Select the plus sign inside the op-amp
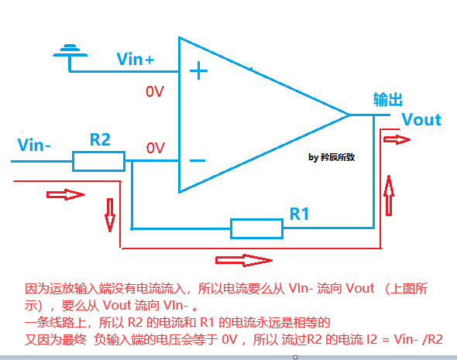[x=199, y=72]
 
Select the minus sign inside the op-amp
[x=198, y=161]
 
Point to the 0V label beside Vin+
[x=155, y=91]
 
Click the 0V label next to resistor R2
[x=155, y=147]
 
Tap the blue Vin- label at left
[x=34, y=145]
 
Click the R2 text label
[x=100, y=139]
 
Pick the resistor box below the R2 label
[x=98, y=161]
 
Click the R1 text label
[x=299, y=213]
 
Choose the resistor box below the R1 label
[x=256, y=228]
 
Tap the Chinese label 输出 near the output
[x=388, y=100]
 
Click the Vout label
[x=421, y=119]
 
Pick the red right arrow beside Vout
[x=397, y=139]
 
